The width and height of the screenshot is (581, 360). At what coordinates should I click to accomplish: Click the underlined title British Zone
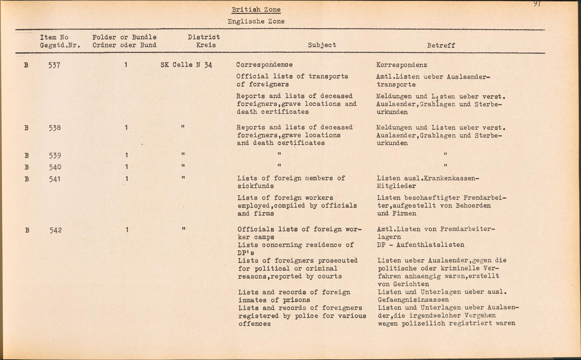[256, 10]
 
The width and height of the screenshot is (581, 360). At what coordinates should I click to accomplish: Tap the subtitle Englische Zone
[256, 21]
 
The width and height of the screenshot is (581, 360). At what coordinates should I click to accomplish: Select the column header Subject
[322, 45]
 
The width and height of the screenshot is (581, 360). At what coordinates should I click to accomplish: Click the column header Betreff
[441, 45]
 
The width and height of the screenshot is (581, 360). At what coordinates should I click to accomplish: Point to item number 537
[54, 65]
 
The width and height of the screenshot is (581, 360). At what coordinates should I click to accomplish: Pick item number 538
[55, 128]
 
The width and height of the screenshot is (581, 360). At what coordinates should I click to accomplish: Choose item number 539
[55, 156]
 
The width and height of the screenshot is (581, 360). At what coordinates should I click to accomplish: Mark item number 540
[55, 167]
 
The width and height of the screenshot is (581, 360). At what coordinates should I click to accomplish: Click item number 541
[55, 179]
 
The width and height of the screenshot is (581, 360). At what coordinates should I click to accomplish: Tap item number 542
[55, 230]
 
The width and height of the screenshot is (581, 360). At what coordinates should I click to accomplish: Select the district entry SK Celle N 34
[186, 65]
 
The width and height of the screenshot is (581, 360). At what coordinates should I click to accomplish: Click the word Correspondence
[264, 65]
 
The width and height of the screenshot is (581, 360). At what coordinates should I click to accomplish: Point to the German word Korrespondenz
[401, 65]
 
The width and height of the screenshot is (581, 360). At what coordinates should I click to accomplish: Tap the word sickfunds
[255, 186]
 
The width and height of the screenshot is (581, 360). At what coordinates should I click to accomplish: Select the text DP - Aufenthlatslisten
[420, 245]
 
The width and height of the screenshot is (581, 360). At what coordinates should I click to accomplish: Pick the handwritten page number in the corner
[537, 4]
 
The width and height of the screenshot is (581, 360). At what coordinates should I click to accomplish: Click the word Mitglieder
[396, 186]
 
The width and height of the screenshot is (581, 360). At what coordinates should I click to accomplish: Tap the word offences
[254, 323]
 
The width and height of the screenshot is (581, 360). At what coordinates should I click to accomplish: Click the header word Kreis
[206, 45]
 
